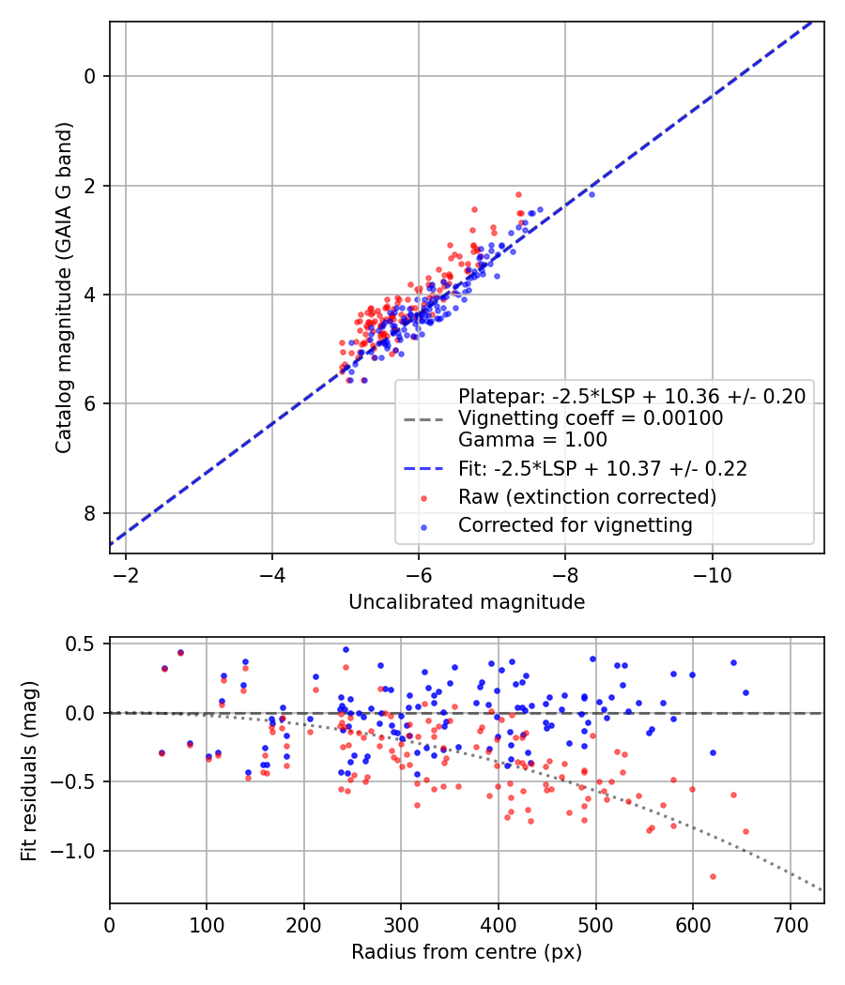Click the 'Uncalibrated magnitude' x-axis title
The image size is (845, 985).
click(x=467, y=602)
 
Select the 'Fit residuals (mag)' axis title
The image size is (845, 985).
click(x=29, y=769)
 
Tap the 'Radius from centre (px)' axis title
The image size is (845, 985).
click(x=467, y=952)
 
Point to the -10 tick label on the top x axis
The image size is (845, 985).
click(x=712, y=574)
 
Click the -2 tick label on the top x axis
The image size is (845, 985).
click(x=126, y=574)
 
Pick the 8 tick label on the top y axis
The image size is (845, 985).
click(x=91, y=513)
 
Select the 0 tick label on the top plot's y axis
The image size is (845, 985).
click(x=91, y=76)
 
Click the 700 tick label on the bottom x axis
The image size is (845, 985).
click(x=790, y=924)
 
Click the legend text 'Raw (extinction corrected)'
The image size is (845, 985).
click(x=587, y=497)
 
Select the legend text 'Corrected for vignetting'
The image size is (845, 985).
click(x=575, y=525)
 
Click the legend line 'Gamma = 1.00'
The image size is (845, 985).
click(x=532, y=440)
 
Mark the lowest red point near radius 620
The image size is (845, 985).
click(x=713, y=876)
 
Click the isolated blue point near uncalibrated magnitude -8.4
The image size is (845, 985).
click(x=591, y=194)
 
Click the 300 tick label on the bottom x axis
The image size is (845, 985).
click(x=401, y=924)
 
